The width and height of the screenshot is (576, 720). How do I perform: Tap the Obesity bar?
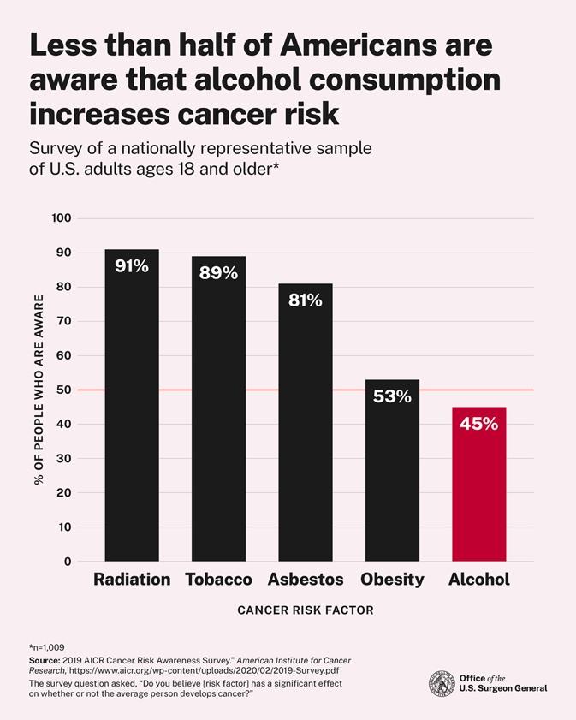[x=392, y=479]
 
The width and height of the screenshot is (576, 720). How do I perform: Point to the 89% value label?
[x=218, y=273]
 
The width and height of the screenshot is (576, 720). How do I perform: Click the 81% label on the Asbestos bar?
[x=305, y=300]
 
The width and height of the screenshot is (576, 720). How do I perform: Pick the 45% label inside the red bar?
[x=478, y=424]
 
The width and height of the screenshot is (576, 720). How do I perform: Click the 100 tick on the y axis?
[x=61, y=218]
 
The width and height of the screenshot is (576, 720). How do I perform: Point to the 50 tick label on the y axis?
[x=64, y=390]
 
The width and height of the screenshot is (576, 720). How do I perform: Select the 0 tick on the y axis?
[x=68, y=562]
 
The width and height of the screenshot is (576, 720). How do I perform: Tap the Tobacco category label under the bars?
[x=218, y=580]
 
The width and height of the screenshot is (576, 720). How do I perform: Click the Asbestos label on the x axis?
[x=306, y=580]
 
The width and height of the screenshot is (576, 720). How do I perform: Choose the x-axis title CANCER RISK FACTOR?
[x=305, y=610]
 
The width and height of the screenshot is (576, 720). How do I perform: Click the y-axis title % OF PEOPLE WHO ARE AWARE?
[x=39, y=390]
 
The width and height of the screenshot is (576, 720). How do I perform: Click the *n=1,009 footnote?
[x=47, y=646]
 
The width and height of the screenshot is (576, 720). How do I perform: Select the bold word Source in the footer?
[x=45, y=661]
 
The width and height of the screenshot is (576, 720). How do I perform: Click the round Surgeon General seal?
[x=442, y=683]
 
